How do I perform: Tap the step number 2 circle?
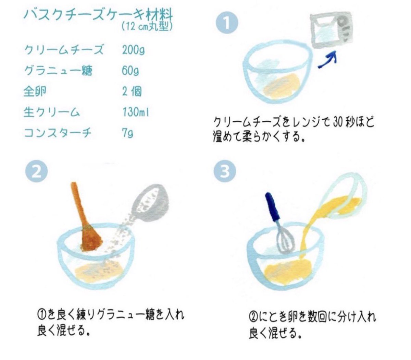pyautogui.click(x=36, y=171)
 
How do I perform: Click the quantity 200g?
pyautogui.click(x=133, y=50)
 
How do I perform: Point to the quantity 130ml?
pyautogui.click(x=136, y=112)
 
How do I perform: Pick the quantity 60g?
pyautogui.click(x=130, y=71)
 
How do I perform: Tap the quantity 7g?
pyautogui.click(x=127, y=133)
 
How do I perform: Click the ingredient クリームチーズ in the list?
pyautogui.click(x=64, y=50)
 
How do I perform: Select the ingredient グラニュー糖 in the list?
pyautogui.click(x=58, y=71)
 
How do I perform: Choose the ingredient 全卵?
pyautogui.click(x=35, y=92)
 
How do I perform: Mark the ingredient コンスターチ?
pyautogui.click(x=58, y=133)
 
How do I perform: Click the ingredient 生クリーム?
pyautogui.click(x=52, y=112)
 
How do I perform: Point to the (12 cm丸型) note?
pyautogui.click(x=147, y=27)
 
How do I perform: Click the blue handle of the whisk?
pyautogui.click(x=273, y=207)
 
